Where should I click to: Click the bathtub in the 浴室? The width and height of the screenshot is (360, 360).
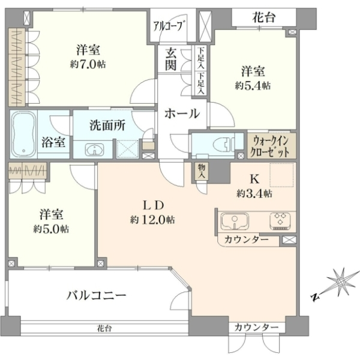click(23, 134)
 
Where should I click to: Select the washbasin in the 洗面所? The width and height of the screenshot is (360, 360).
click(95, 150)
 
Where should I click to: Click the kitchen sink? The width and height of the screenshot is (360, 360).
click(235, 221)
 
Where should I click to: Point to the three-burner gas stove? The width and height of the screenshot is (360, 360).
click(280, 221)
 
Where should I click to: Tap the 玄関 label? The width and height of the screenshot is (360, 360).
click(171, 60)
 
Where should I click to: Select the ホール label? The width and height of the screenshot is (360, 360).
click(182, 113)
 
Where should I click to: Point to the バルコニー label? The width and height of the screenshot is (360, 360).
click(97, 295)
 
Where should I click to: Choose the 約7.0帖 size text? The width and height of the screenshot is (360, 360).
click(88, 65)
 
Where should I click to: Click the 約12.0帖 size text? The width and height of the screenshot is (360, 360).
click(152, 220)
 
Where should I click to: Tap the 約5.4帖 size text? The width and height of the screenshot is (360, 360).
click(253, 86)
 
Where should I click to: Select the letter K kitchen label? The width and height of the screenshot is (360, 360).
click(254, 179)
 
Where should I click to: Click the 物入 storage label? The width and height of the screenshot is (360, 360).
click(202, 171)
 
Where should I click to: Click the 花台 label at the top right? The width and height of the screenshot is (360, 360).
click(264, 17)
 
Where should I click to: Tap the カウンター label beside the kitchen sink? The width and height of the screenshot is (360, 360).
click(247, 239)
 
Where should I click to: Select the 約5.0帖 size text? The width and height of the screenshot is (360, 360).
click(51, 229)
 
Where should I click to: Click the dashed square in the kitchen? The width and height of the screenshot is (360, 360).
click(282, 175)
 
